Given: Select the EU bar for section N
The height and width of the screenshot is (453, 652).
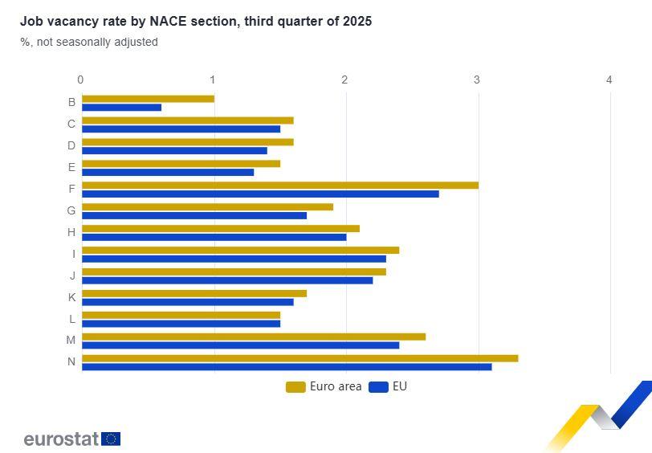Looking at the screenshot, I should (x=287, y=367).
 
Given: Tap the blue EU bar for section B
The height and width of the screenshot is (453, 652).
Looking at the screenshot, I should (x=121, y=108).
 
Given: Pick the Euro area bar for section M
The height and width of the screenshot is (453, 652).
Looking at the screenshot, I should (x=253, y=337).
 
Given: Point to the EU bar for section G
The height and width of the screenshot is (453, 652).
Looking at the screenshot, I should (x=194, y=215).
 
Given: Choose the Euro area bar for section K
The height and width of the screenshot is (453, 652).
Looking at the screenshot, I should (x=194, y=294).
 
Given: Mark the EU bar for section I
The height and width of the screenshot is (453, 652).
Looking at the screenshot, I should (x=234, y=259).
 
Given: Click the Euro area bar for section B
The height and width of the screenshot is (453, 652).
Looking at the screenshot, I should (x=148, y=99).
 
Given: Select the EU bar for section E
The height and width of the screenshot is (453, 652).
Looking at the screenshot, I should (x=167, y=172).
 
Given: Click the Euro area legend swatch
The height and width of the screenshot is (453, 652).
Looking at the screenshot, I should (x=295, y=387).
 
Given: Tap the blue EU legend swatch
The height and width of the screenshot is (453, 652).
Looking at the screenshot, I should (x=378, y=387).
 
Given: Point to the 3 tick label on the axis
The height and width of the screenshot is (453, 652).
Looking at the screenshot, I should (x=477, y=80).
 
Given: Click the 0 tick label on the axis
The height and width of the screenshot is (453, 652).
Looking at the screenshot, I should (x=80, y=80).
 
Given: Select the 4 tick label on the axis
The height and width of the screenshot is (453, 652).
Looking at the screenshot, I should (x=609, y=80).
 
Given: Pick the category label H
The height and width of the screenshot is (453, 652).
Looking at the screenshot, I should (x=71, y=232).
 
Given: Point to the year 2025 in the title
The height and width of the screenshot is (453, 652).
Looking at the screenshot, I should (x=356, y=22).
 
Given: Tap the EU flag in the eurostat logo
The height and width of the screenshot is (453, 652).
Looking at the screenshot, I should (x=111, y=439).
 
